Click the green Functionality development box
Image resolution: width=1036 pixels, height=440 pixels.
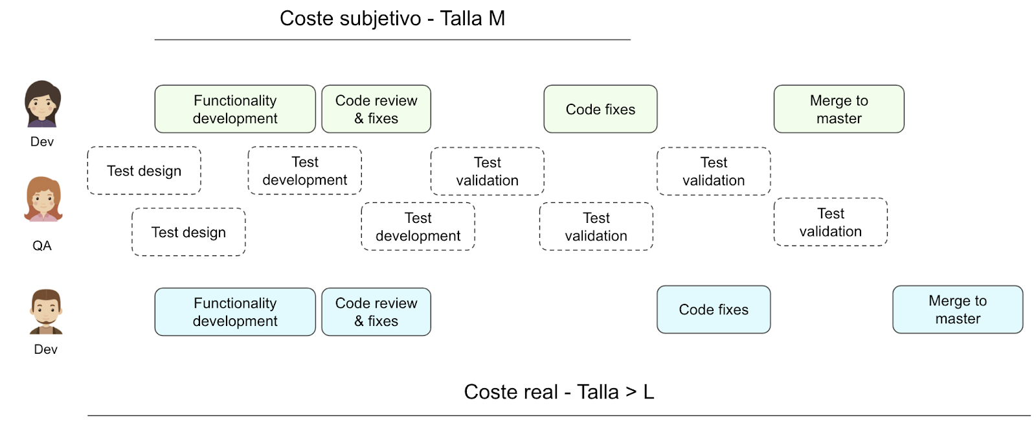pos(235,110)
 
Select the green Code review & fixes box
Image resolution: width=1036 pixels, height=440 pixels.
pos(376,110)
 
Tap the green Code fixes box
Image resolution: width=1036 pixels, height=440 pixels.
pos(600,110)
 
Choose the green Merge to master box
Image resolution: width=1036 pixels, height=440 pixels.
pos(839,110)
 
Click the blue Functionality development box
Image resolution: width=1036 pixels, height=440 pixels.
pos(235,312)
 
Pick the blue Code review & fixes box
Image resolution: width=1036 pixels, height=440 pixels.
pos(376,312)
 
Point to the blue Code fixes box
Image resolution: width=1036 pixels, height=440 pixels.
pos(714,310)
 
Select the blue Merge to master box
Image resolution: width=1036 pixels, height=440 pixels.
pos(958,310)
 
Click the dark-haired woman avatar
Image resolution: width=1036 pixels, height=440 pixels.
pos(42,104)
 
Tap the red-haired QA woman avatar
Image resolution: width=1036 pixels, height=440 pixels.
pos(43,199)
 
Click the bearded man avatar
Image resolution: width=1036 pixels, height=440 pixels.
pos(46,312)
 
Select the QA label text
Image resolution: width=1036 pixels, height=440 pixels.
pos(41,246)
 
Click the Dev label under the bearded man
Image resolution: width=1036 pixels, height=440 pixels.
pos(45,349)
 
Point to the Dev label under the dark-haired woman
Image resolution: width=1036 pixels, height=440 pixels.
pos(41,141)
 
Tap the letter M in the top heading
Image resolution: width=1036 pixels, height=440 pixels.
pos(497,19)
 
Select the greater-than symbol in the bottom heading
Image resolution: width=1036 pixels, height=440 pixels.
pos(631,392)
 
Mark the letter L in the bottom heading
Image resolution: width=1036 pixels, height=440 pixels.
pos(648,392)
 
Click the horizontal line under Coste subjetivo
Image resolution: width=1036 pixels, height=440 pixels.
pos(392,40)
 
